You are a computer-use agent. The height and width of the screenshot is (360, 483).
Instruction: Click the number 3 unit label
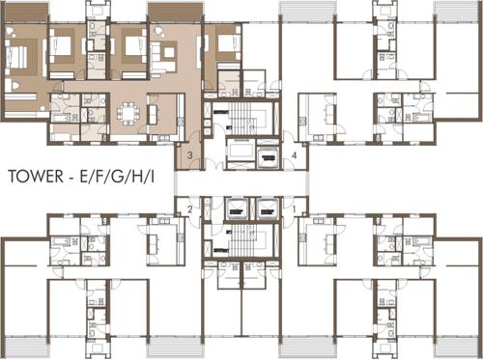[191, 155]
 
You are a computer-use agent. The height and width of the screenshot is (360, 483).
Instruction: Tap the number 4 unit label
[294, 154]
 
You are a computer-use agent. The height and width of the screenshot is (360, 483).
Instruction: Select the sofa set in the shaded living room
[164, 50]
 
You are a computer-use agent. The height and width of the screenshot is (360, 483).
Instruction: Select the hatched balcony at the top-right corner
[458, 10]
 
